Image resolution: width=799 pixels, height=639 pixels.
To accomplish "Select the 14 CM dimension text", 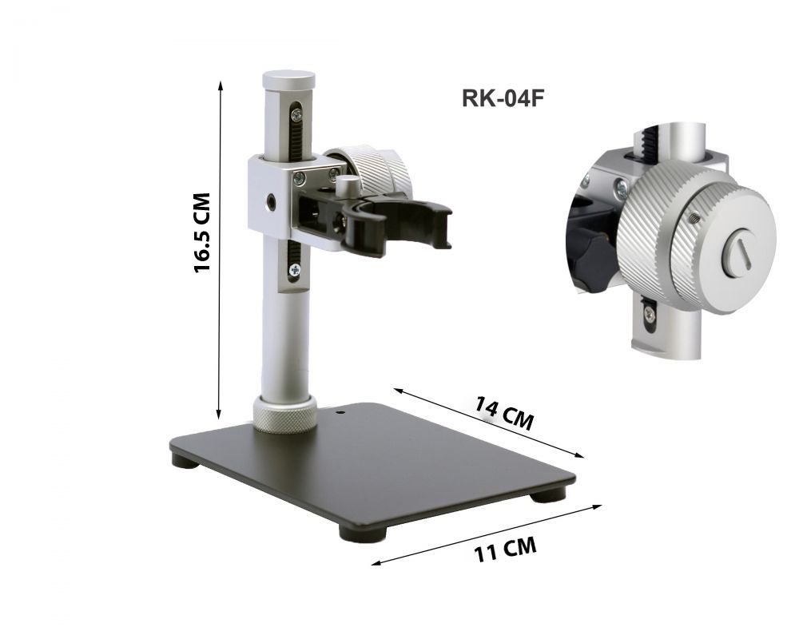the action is pyautogui.click(x=504, y=413).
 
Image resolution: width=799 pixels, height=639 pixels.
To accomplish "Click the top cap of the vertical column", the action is pyautogui.click(x=288, y=80).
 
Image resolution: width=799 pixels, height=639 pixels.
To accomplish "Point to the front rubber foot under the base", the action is pyautogui.click(x=363, y=533).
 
